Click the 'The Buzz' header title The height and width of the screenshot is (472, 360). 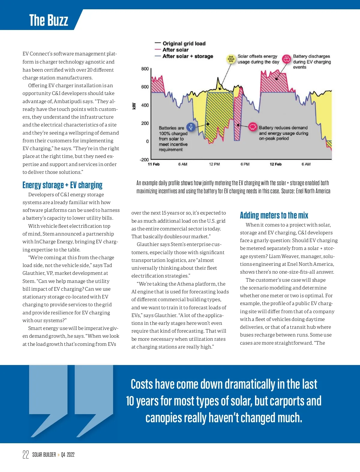(x=49, y=20)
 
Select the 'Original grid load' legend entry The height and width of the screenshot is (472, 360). (x=184, y=43)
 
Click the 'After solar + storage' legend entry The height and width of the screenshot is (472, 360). (x=187, y=56)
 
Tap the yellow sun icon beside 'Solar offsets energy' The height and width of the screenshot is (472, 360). (x=231, y=59)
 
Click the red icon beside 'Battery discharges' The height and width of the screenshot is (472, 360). (x=287, y=59)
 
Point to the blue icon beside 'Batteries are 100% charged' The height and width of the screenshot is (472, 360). (x=191, y=127)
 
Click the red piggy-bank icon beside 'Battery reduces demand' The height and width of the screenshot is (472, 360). (x=253, y=127)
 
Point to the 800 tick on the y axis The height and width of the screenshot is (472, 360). (x=145, y=69)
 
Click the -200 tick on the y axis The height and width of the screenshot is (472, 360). (x=144, y=160)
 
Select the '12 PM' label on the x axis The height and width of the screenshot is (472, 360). (x=214, y=164)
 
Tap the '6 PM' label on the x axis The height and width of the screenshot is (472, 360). (x=245, y=164)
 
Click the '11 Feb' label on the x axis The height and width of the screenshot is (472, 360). (x=154, y=164)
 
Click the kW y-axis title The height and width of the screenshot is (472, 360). (x=134, y=106)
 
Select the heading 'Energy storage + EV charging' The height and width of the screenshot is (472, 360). (x=62, y=185)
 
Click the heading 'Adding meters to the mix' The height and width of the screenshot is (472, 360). (x=274, y=215)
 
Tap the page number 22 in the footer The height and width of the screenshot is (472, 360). (x=26, y=455)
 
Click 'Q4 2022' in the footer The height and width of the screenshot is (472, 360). (x=68, y=455)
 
